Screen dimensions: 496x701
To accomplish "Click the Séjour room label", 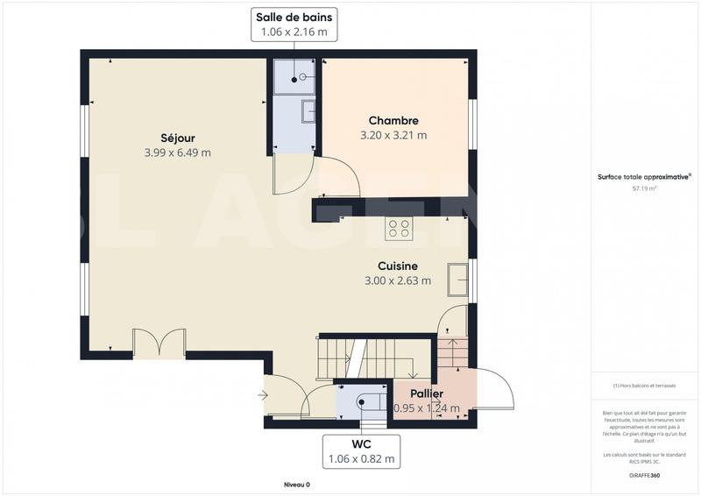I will click(178, 138).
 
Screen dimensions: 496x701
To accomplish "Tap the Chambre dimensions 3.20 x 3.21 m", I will click(393, 136).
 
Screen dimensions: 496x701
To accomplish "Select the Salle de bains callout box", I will click(294, 25).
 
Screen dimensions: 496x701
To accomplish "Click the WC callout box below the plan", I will click(362, 450).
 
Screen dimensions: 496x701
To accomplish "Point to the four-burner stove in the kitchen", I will click(399, 228).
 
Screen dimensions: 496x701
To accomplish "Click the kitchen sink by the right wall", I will click(457, 279).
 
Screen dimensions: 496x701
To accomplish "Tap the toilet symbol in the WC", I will click(365, 401).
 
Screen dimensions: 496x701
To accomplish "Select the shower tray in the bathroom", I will click(293, 76).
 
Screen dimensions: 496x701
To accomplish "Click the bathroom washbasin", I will click(308, 112).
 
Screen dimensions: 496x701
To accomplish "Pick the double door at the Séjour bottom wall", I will click(159, 343).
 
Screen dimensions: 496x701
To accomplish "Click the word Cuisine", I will click(397, 266).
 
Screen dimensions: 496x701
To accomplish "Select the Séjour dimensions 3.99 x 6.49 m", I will click(178, 153).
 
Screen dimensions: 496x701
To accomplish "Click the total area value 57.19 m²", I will click(644, 188).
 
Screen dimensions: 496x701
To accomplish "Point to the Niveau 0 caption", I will click(296, 485).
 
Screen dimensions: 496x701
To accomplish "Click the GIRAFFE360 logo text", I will click(644, 474).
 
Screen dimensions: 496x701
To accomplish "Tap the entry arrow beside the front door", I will click(263, 395).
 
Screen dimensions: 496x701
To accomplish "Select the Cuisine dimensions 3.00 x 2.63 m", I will click(398, 281).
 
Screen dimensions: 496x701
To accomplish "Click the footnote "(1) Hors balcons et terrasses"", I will click(644, 386).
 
